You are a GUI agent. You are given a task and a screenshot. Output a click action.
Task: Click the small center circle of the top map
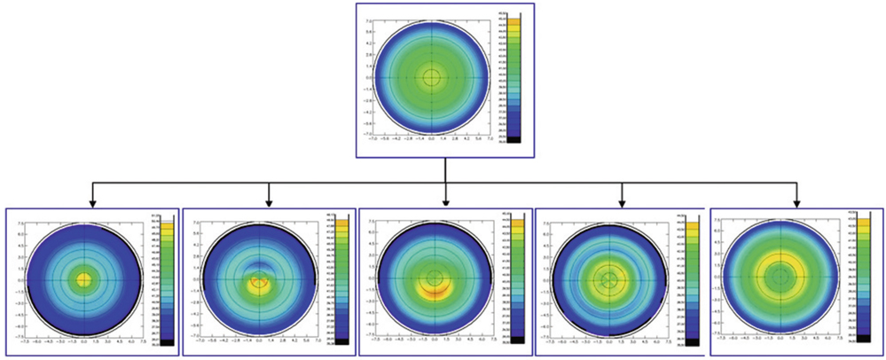[432, 77]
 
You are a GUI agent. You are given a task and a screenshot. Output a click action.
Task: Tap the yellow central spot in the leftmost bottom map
[83, 279]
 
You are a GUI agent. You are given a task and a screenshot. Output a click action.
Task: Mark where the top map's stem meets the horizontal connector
[445, 184]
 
